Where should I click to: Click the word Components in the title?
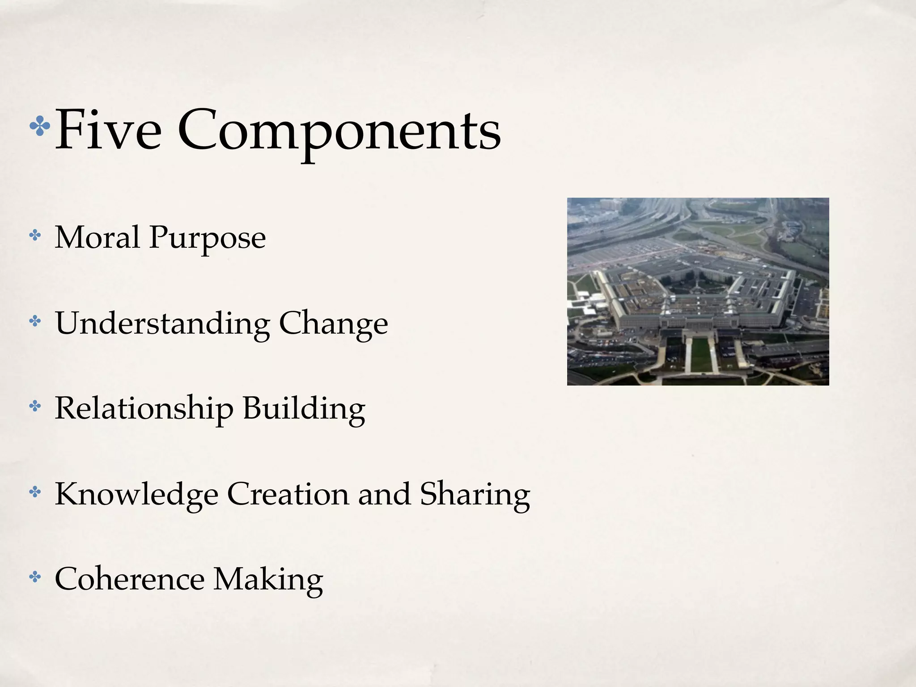(x=339, y=131)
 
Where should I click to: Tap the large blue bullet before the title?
(x=40, y=127)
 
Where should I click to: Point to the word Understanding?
(x=162, y=323)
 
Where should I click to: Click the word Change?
(x=333, y=324)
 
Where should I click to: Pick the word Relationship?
(x=144, y=409)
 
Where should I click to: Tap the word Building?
(x=304, y=409)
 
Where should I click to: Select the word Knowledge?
(x=136, y=494)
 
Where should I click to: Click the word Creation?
(x=288, y=494)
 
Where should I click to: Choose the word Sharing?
(x=475, y=495)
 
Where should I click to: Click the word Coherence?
(x=129, y=579)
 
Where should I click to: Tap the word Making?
(x=268, y=580)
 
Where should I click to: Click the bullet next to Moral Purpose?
(x=34, y=235)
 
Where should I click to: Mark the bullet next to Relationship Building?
(x=34, y=407)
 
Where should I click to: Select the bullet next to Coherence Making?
(x=34, y=577)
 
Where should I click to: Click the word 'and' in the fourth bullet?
(x=384, y=494)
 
